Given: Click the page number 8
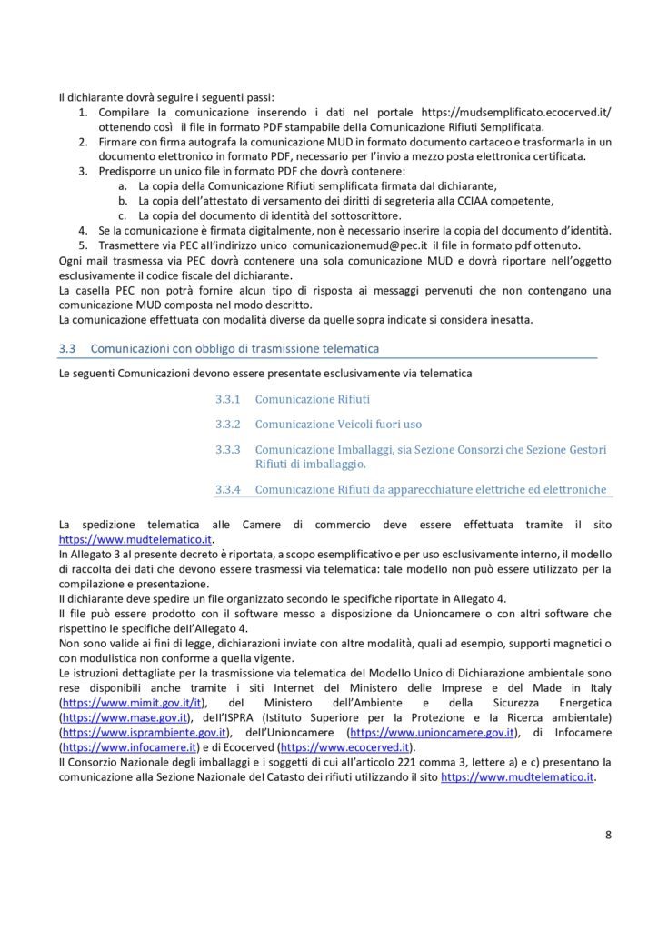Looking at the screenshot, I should pyautogui.click(x=608, y=833).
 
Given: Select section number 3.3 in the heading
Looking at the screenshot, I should pyautogui.click(x=65, y=348).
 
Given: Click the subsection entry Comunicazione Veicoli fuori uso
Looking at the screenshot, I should pyautogui.click(x=338, y=424).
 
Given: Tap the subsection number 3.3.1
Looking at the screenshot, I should pyautogui.click(x=227, y=399).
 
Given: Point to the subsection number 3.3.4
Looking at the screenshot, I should pyautogui.click(x=227, y=489).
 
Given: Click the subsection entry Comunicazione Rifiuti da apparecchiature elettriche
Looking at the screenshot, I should pyautogui.click(x=430, y=489).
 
